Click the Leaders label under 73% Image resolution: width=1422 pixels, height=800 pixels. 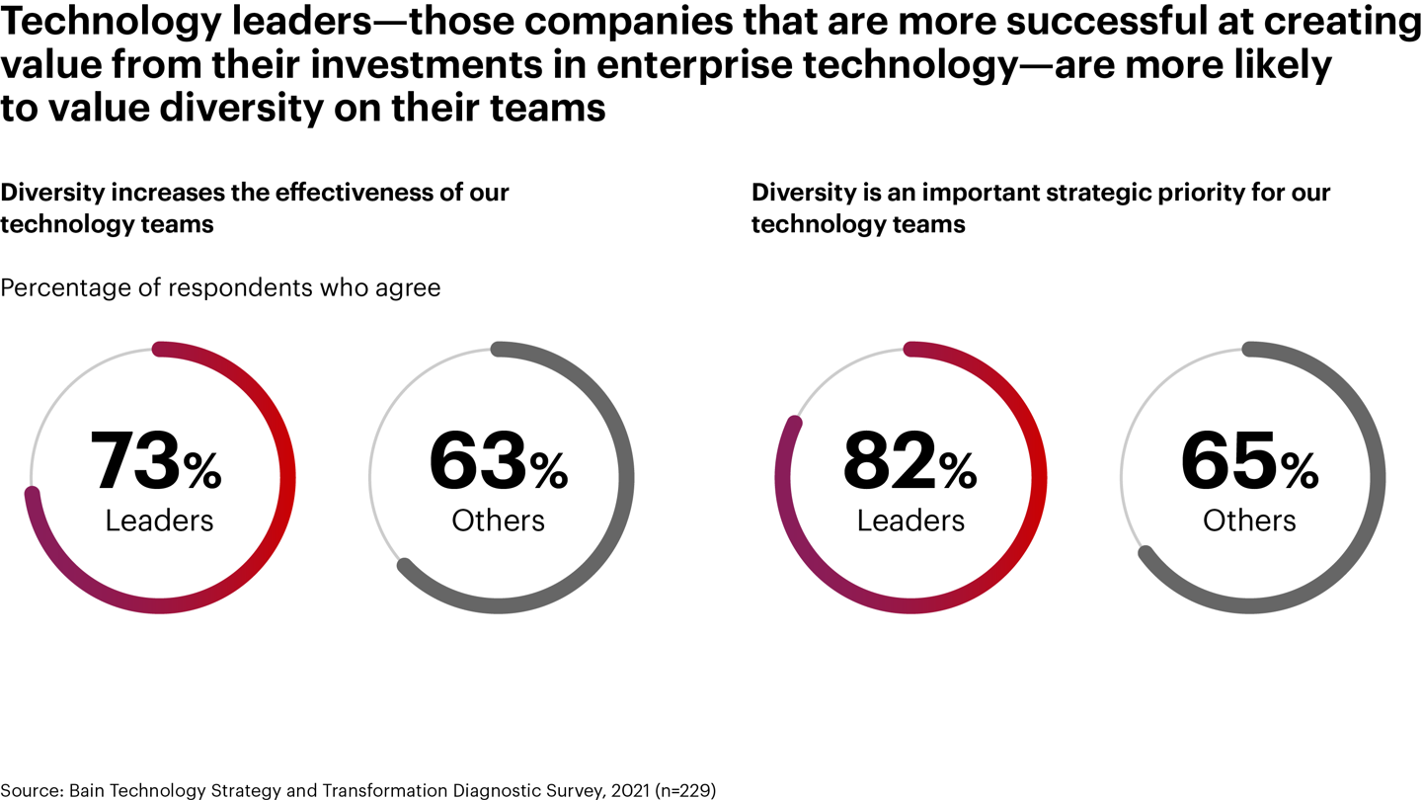159,520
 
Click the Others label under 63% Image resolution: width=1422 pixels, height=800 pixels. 498,520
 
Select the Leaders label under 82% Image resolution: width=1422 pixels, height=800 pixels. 910,520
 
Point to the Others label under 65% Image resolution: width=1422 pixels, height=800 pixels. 1249,520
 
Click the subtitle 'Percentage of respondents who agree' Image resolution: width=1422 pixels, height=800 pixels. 220,288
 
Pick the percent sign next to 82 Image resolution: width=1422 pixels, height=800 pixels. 957,473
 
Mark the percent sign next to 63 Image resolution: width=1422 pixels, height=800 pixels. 548,473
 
